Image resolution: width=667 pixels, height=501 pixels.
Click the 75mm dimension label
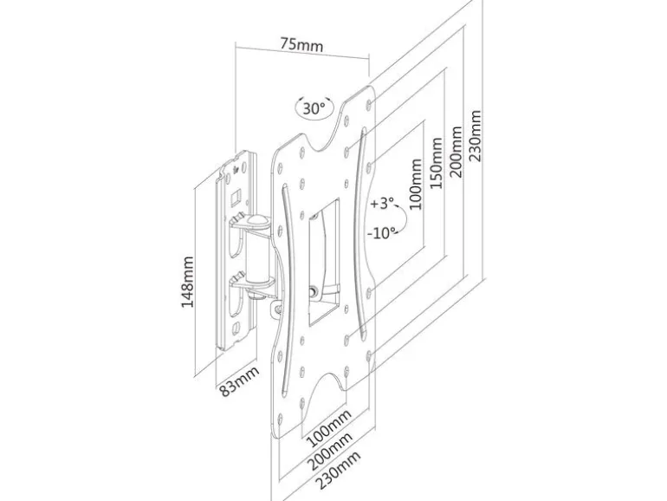(301, 44)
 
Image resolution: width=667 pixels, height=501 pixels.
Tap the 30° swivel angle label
(314, 108)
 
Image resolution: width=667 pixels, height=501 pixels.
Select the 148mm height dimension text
(187, 282)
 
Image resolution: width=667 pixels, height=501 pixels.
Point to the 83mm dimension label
(238, 381)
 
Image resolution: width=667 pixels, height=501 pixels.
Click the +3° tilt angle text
(382, 203)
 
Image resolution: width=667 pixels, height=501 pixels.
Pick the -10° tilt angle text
(381, 233)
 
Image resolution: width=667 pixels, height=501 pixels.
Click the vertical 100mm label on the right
(416, 184)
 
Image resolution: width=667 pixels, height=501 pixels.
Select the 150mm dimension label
(436, 163)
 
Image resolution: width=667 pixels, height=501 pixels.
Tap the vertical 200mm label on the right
(456, 152)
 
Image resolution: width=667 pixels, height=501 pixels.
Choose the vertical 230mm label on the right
(475, 136)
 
